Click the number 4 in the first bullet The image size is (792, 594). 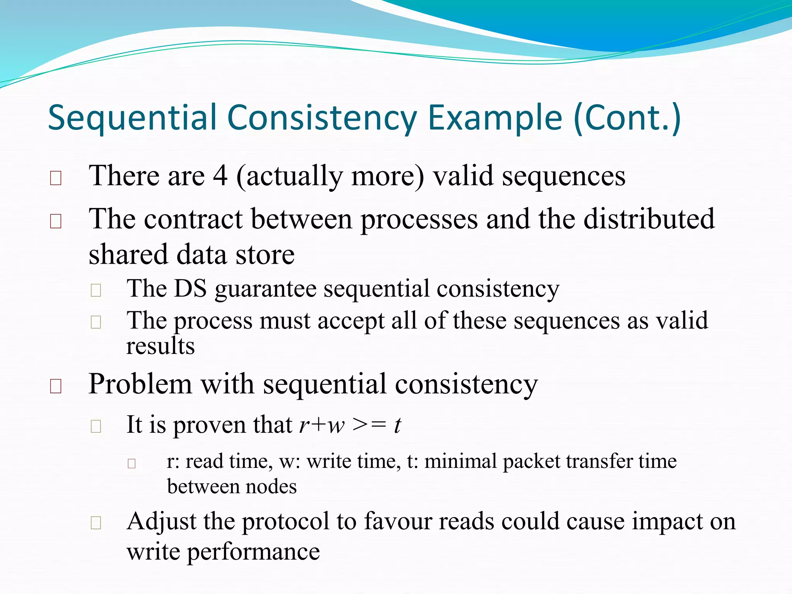220,176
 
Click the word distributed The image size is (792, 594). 649,219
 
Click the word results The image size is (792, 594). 160,346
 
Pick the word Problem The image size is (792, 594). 140,384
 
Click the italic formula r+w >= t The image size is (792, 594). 350,425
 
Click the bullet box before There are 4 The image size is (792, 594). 56,178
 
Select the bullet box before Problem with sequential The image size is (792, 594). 56,386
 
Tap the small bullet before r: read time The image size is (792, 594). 131,463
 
